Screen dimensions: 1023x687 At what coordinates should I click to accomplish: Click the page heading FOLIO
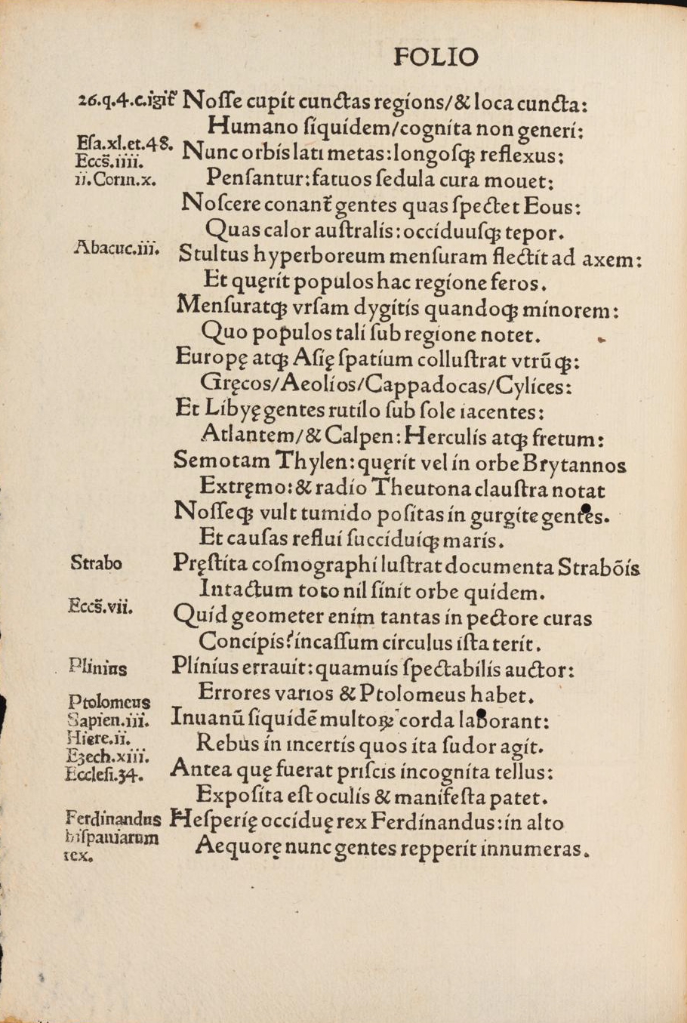pos(436,57)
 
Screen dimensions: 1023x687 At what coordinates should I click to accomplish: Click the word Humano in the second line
pos(245,125)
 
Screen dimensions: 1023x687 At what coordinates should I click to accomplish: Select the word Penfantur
pos(239,180)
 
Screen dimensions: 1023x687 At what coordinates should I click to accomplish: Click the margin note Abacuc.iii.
pos(117,247)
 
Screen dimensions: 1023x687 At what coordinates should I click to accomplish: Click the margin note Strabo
pos(96,562)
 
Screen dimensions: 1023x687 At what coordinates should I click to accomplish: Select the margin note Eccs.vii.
pos(100,605)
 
